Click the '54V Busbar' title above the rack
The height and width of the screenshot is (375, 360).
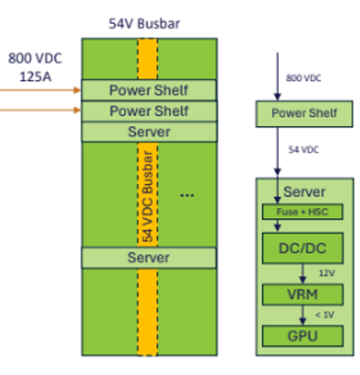coord(144,24)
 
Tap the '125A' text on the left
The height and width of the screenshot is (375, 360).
coord(34,76)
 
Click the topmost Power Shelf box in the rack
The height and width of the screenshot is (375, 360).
coord(149,90)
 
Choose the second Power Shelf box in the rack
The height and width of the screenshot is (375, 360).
coord(149,111)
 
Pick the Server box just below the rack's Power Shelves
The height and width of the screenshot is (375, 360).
coord(149,132)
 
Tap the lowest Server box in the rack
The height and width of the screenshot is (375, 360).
coord(149,258)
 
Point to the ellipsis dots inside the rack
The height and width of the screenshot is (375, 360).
coord(187,195)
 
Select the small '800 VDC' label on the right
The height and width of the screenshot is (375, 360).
coord(304,78)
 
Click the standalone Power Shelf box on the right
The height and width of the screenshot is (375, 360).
coord(304,113)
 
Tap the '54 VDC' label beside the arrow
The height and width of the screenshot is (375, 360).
coord(304,150)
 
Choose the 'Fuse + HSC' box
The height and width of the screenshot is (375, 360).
coord(302,211)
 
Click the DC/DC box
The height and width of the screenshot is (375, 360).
coord(302,248)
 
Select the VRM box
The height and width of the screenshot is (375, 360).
coord(302,294)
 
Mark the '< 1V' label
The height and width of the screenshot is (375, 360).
coord(324,315)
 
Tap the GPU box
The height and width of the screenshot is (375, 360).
coord(302,336)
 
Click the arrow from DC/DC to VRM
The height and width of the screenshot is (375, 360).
coord(302,273)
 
